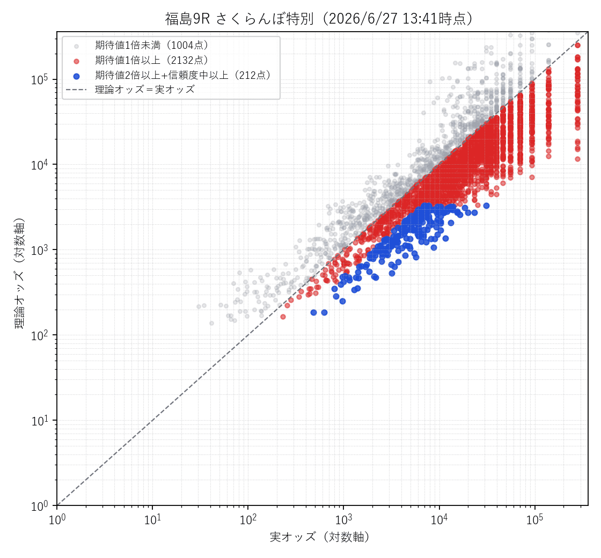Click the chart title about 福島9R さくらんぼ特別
click(x=319, y=18)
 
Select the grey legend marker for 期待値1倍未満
click(x=77, y=46)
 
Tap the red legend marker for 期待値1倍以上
click(x=77, y=61)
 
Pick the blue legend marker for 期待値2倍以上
click(x=77, y=76)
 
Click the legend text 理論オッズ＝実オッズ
click(x=145, y=90)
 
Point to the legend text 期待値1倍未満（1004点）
click(x=152, y=45)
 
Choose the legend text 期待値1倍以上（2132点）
click(x=152, y=60)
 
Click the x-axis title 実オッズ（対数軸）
click(x=320, y=537)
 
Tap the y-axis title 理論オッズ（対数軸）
click(x=19, y=274)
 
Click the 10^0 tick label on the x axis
click(x=57, y=519)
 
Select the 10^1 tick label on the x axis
click(x=153, y=519)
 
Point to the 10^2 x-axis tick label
click(x=248, y=519)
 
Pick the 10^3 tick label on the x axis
click(x=344, y=519)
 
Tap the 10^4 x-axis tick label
click(x=439, y=519)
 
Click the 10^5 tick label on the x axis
click(x=534, y=519)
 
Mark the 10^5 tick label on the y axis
click(x=40, y=79)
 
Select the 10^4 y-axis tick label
click(x=40, y=165)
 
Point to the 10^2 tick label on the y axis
click(x=40, y=335)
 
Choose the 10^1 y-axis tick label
click(x=40, y=421)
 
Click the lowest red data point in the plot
click(x=283, y=317)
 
